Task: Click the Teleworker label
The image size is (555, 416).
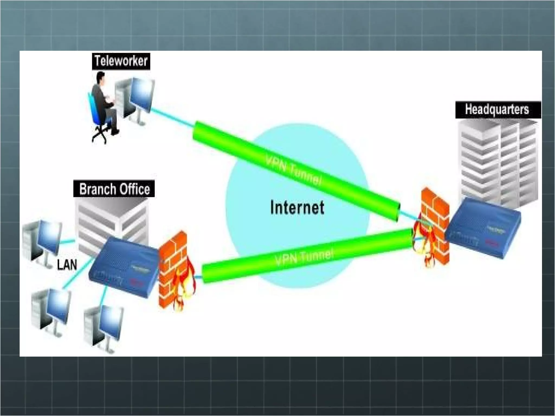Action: [x=121, y=61]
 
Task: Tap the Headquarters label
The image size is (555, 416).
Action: [x=497, y=110]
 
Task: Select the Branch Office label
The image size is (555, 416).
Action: [x=114, y=189]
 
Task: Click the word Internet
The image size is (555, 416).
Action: [x=297, y=208]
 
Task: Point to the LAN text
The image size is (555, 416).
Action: [x=67, y=265]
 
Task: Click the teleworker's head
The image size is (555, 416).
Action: [x=101, y=78]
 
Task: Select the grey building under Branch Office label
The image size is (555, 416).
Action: [x=111, y=219]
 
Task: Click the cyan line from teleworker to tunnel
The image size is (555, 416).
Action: [x=172, y=118]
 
